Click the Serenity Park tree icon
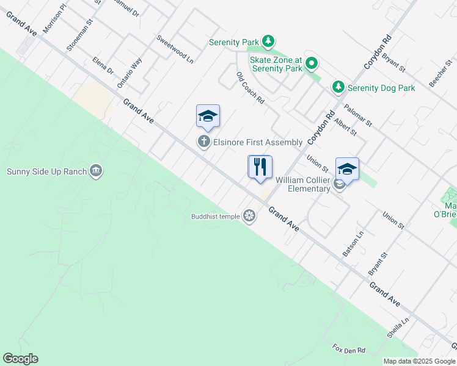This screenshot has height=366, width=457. (x=268, y=41)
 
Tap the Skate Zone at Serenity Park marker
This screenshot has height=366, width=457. (x=312, y=63)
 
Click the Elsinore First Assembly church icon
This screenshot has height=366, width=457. (x=204, y=142)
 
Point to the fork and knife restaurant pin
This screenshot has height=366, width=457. (x=260, y=167)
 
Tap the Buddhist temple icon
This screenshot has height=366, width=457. (x=249, y=216)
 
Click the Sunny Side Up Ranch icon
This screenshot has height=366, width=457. (x=96, y=171)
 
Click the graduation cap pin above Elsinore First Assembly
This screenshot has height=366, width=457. (x=208, y=116)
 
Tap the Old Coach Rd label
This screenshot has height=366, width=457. (x=250, y=87)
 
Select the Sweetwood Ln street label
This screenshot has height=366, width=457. (x=175, y=49)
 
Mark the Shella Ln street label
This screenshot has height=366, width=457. (x=397, y=328)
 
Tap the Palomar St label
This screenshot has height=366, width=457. (x=358, y=114)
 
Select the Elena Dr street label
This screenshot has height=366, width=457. (x=103, y=65)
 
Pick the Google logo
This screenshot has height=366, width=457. (x=20, y=359)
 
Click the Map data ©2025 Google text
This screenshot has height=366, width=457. (x=419, y=361)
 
